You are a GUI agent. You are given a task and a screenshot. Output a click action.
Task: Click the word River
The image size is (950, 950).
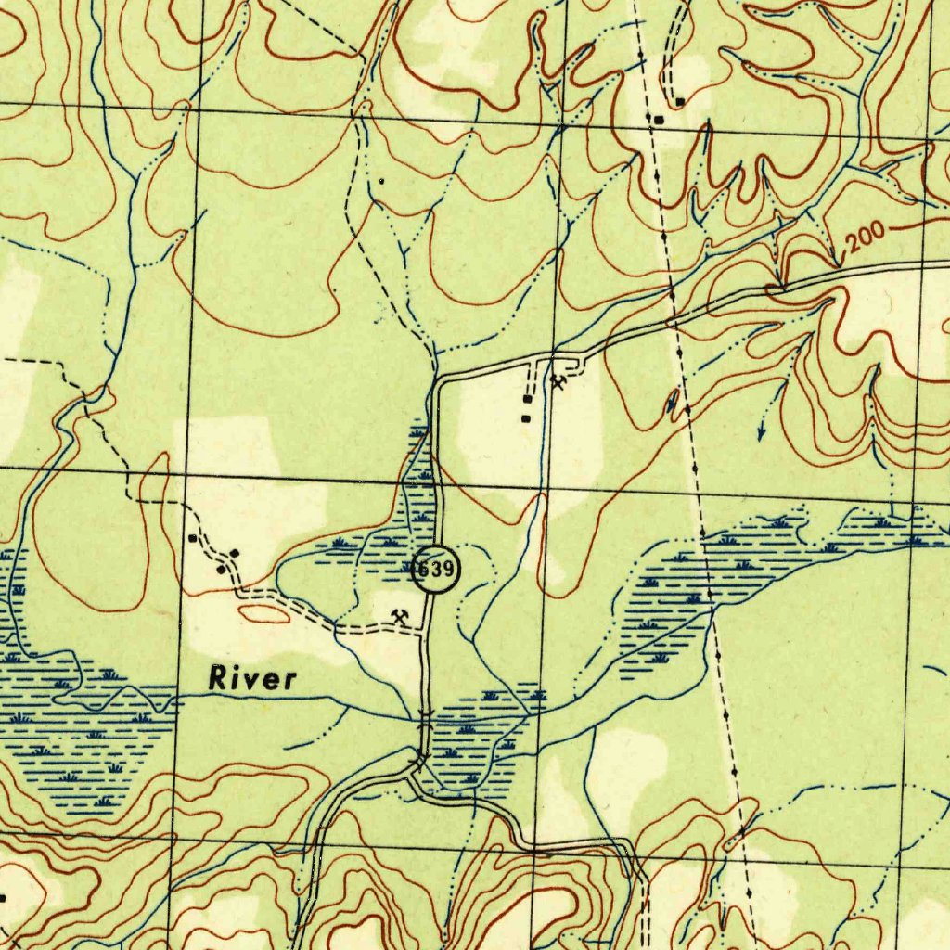coord(252,678)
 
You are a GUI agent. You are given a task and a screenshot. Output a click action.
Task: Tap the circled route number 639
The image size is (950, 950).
coord(433,570)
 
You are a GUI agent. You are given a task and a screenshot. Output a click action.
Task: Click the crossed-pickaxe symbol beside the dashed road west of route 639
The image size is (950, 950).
coord(401,615)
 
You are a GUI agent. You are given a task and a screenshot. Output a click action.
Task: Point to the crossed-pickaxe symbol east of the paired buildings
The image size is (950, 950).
coord(558,380)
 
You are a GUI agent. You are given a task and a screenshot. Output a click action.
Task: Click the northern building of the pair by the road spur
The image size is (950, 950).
coord(527,399)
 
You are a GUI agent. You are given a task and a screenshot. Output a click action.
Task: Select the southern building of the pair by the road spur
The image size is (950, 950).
coord(526,418)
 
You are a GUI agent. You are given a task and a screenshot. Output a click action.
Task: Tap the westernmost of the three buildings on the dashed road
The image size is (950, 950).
coord(192,537)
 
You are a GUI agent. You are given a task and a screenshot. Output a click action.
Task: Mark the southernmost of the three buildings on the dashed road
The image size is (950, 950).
coord(221,570)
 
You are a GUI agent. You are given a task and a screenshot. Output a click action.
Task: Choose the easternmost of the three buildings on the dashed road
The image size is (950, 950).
coord(235,554)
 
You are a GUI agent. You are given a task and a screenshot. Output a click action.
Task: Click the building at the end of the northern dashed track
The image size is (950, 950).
coord(680,100)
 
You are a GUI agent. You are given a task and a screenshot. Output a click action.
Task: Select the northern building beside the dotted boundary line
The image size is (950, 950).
coord(658,120)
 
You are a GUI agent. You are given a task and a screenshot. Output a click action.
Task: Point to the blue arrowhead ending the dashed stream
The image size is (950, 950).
coord(761,433)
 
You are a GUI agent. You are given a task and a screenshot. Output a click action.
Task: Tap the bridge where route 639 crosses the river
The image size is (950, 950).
coord(425,715)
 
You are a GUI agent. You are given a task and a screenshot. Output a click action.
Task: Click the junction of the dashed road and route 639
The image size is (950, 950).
coord(426,632)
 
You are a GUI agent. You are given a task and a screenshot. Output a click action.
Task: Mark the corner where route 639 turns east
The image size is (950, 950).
coord(438,379)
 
